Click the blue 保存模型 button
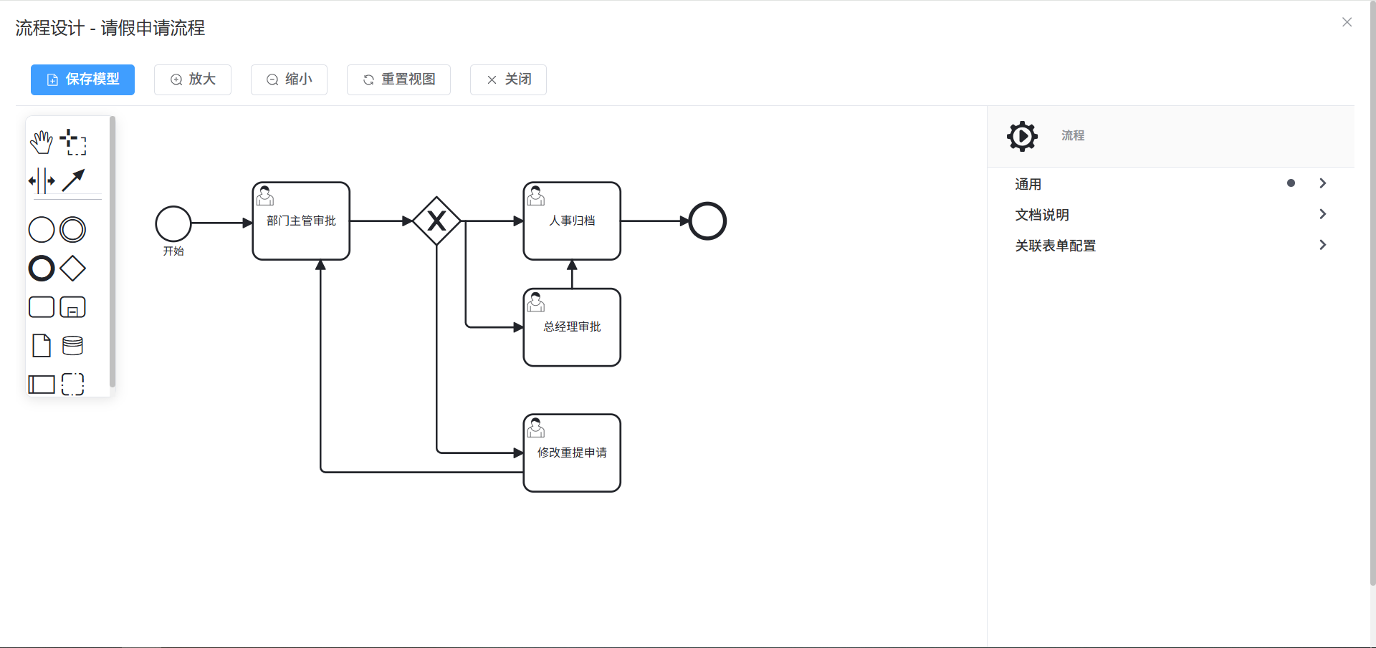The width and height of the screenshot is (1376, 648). coord(82,79)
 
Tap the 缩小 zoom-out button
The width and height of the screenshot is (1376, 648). coord(289,79)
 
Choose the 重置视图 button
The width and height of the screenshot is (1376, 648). coord(398,79)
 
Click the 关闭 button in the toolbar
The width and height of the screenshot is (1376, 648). coord(508,79)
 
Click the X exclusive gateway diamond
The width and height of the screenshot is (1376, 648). coord(436,221)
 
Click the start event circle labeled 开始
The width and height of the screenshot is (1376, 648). coord(173,223)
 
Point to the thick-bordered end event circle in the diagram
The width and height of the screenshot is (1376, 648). coord(707,221)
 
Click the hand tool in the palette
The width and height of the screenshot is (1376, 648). coord(42,142)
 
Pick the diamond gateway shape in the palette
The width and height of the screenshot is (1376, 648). coord(72,269)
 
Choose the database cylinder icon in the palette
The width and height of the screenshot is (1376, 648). coord(72,346)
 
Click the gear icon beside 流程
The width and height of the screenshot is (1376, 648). coord(1022,136)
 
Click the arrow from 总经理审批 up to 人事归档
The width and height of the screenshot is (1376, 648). coord(572,275)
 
